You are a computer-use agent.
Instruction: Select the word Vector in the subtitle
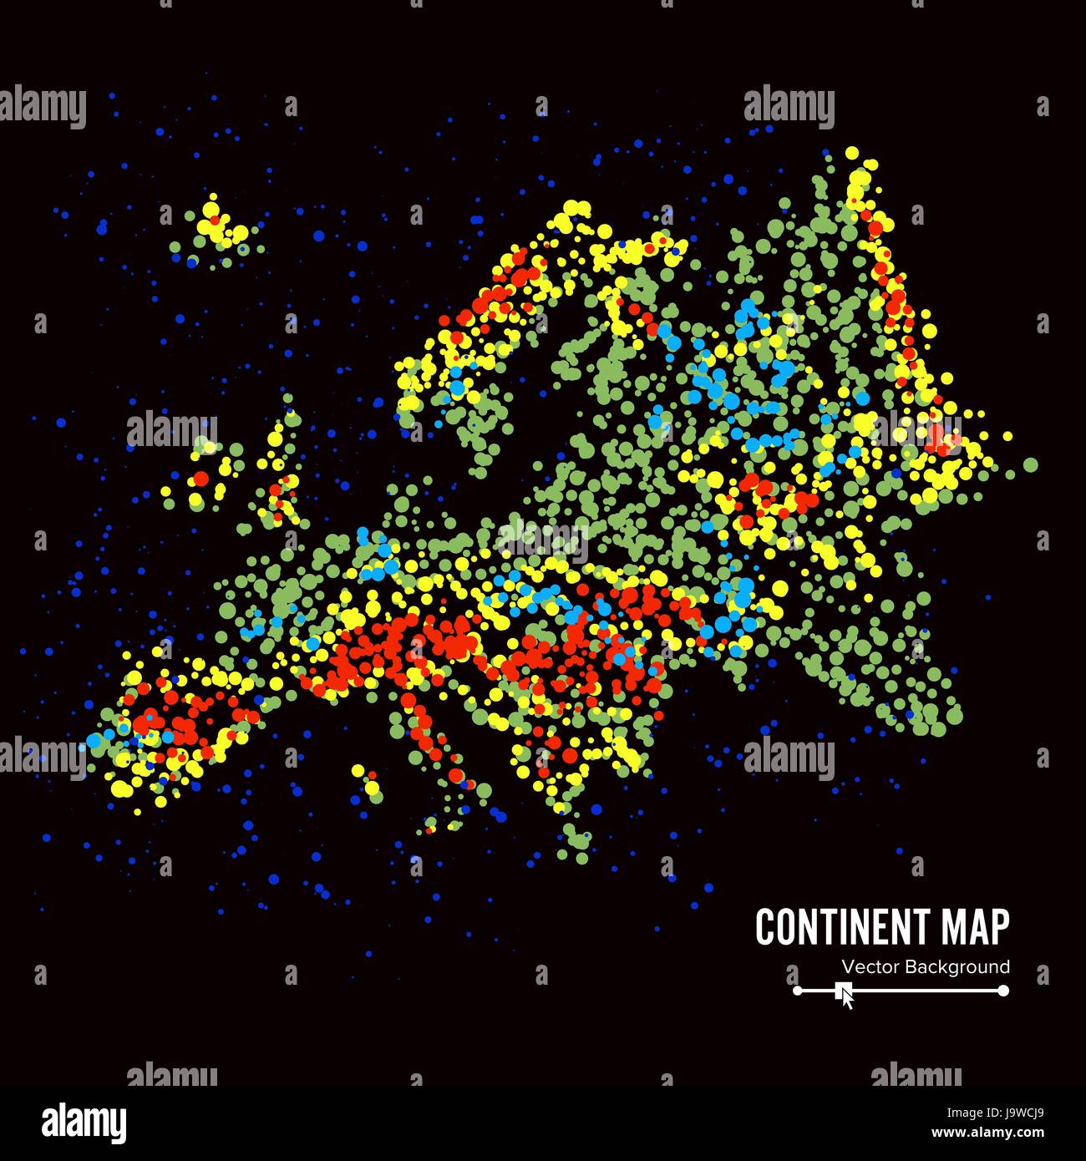(868, 967)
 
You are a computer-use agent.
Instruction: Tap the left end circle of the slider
(797, 991)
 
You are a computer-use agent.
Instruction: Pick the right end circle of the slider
(1004, 991)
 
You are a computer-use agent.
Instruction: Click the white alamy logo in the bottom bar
(84, 1123)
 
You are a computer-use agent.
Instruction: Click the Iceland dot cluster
(216, 231)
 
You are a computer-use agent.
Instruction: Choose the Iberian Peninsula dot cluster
(175, 727)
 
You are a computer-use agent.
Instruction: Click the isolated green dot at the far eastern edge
(1030, 464)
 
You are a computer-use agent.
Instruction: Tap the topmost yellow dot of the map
(852, 153)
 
